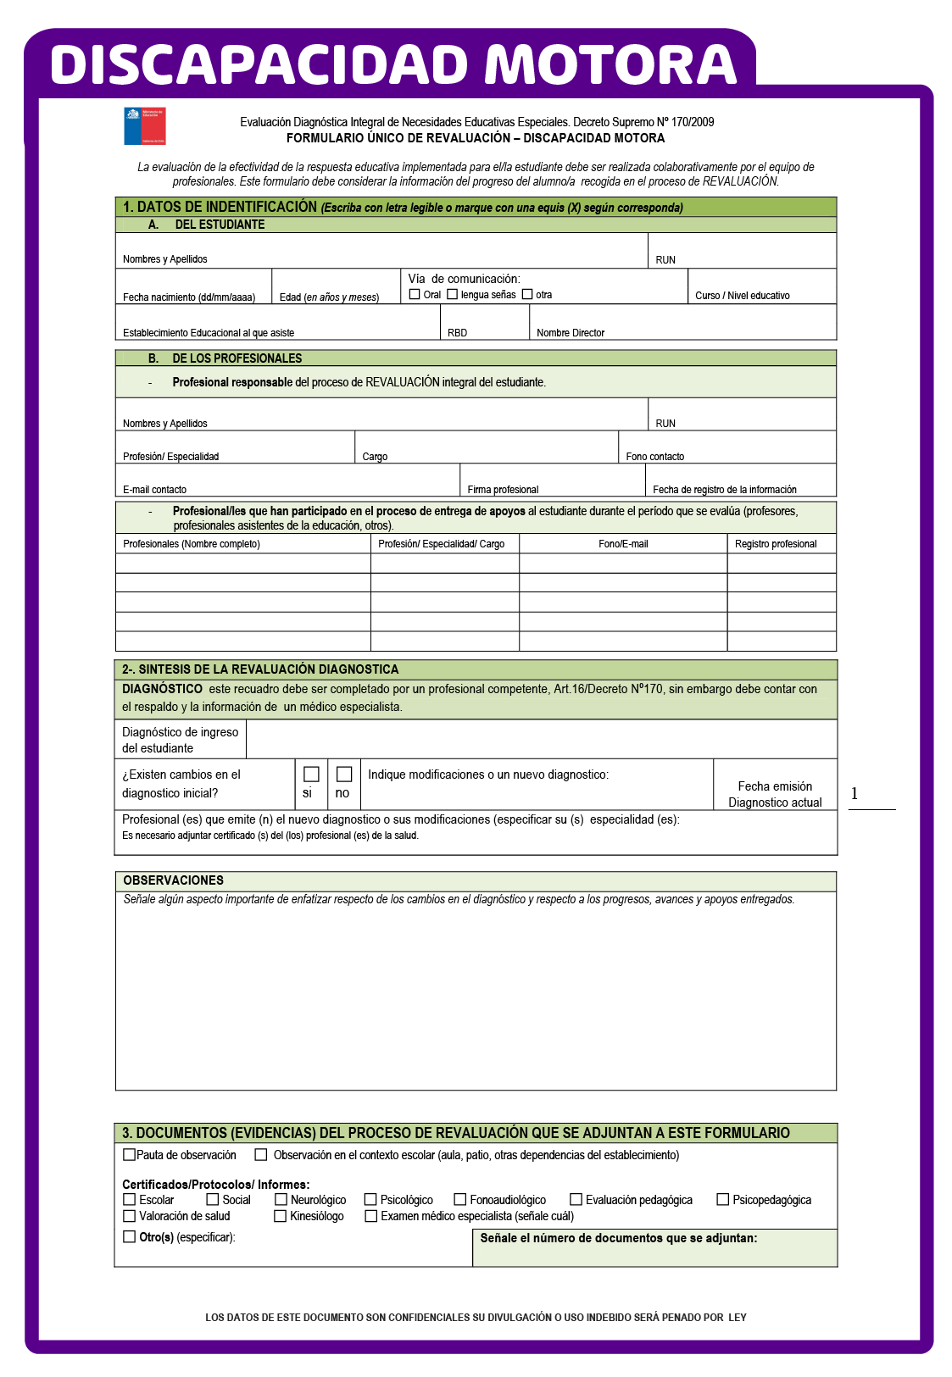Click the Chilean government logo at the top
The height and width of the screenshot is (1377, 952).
[x=144, y=125]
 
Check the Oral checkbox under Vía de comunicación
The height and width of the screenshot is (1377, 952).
[x=415, y=294]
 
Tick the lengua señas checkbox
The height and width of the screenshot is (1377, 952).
[x=453, y=294]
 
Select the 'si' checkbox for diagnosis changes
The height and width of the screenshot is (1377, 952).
[x=311, y=774]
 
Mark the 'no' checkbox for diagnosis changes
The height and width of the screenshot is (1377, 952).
[x=344, y=774]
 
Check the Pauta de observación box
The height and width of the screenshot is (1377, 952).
[x=130, y=1154]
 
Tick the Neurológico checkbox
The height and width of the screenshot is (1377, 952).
[x=281, y=1199]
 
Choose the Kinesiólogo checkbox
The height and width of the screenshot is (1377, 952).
[x=281, y=1216]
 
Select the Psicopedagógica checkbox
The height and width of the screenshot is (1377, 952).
[x=723, y=1199]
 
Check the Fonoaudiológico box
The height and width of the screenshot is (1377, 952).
[x=460, y=1199]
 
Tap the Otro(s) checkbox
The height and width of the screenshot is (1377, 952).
[x=130, y=1236]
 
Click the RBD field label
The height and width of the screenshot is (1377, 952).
[x=457, y=333]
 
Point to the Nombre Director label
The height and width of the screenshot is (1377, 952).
[x=571, y=333]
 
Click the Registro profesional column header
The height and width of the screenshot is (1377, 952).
[x=776, y=544]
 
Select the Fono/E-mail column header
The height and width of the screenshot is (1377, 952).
[x=623, y=544]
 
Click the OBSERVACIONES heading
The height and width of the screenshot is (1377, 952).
[x=174, y=880]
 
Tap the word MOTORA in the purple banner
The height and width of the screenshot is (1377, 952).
[x=610, y=64]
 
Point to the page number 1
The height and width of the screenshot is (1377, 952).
[x=855, y=793]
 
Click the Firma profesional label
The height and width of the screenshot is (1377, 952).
[x=503, y=490]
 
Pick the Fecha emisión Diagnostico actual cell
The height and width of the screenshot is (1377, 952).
[x=775, y=794]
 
